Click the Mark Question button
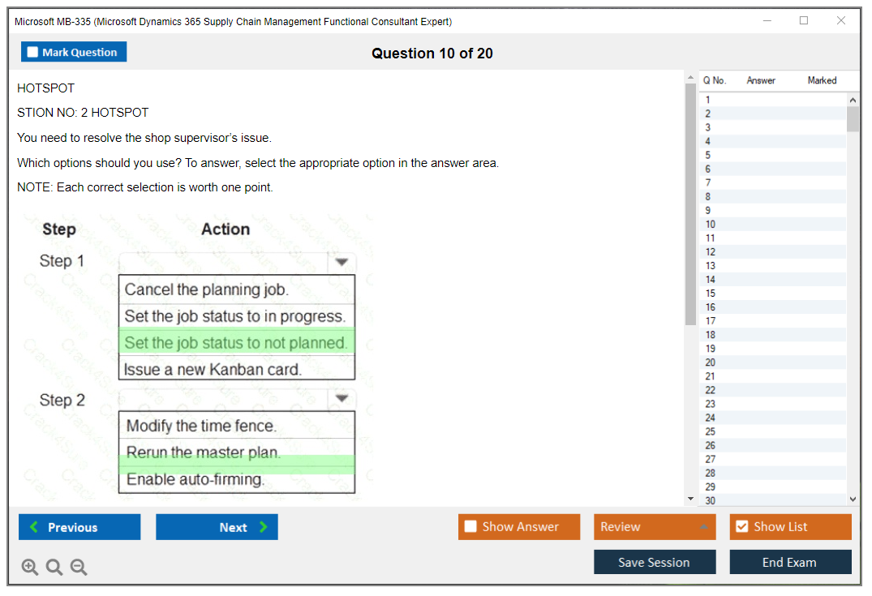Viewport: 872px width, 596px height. pos(73,52)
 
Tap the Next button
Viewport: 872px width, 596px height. pos(217,527)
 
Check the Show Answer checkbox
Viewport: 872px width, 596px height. pos(470,526)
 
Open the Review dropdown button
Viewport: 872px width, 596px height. pos(654,526)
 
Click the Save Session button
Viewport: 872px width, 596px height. pos(655,562)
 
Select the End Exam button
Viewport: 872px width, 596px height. pos(790,562)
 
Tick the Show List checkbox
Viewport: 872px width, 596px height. pos(742,526)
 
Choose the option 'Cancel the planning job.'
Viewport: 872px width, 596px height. pos(206,289)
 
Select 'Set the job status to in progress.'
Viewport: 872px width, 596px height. pos(234,316)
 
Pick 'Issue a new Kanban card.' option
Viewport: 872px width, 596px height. pos(213,370)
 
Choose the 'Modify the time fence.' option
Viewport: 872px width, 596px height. pos(201,426)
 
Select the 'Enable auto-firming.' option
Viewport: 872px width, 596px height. pos(195,479)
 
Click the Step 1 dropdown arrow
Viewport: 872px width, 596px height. pos(341,262)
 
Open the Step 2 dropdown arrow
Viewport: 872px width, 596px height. pos(341,398)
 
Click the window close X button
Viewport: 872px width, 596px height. pos(841,20)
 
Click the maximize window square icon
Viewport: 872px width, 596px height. pos(804,20)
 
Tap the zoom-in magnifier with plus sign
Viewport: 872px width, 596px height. pos(30,567)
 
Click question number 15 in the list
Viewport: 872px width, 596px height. pos(711,294)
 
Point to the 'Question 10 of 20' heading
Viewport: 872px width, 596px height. pos(432,54)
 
